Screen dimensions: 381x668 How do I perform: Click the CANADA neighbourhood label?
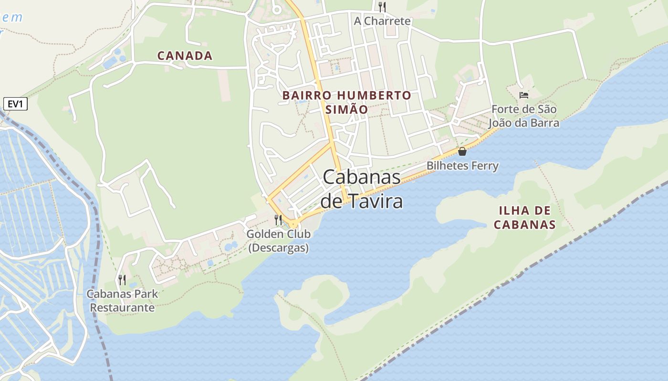point(185,56)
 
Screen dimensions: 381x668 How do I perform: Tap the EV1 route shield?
point(15,104)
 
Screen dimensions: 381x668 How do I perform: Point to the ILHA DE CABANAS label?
point(524,218)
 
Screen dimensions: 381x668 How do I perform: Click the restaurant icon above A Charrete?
point(382,7)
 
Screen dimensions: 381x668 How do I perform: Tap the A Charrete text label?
point(382,21)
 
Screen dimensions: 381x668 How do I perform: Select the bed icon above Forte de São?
point(524,95)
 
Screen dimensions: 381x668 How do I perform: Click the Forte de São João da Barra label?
point(524,116)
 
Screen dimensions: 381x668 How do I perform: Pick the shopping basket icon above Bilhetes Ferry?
point(462,151)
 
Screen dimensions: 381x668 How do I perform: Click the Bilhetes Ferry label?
point(462,166)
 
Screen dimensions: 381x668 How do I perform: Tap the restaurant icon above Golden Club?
point(278,220)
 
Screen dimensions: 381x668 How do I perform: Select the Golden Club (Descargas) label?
point(279,241)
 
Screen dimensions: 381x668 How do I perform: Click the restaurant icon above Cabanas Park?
point(122,280)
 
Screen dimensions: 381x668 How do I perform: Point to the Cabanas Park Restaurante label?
point(122,301)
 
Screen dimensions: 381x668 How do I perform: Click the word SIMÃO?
point(347,110)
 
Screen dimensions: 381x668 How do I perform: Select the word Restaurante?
point(122,308)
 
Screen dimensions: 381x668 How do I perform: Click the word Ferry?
point(483,166)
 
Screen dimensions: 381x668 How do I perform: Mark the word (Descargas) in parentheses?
point(279,248)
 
